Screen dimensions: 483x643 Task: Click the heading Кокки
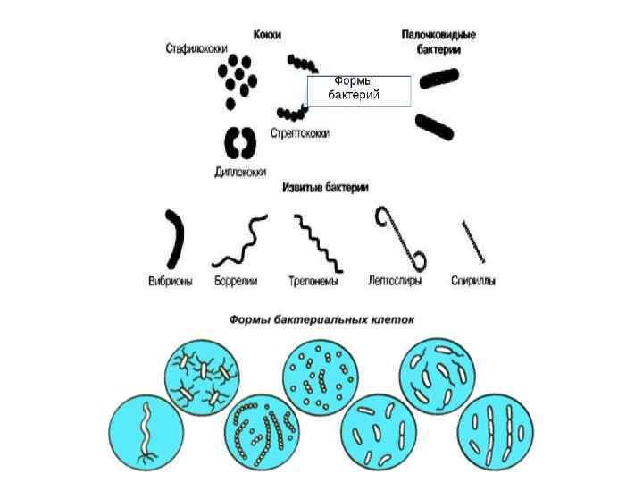[267, 33]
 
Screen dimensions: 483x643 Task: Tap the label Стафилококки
[196, 47]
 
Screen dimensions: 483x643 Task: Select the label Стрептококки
[299, 133]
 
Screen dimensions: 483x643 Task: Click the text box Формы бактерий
[358, 91]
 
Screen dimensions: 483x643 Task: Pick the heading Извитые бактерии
[325, 188]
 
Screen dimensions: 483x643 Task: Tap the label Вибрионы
[170, 281]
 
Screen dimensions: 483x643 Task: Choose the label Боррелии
[236, 281]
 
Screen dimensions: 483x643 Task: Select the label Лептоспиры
[395, 281]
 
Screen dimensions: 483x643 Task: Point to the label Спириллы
[473, 281]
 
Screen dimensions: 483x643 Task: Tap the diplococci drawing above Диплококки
[238, 142]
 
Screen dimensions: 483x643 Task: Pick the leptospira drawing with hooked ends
[404, 238]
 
